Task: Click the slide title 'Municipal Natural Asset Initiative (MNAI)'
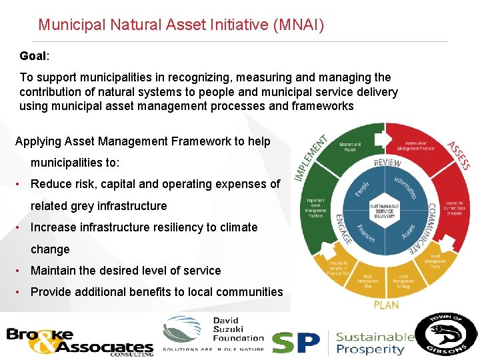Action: tap(181, 25)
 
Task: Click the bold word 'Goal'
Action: tap(33, 56)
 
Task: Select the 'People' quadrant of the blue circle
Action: tap(362, 189)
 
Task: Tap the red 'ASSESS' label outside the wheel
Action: tap(459, 155)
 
